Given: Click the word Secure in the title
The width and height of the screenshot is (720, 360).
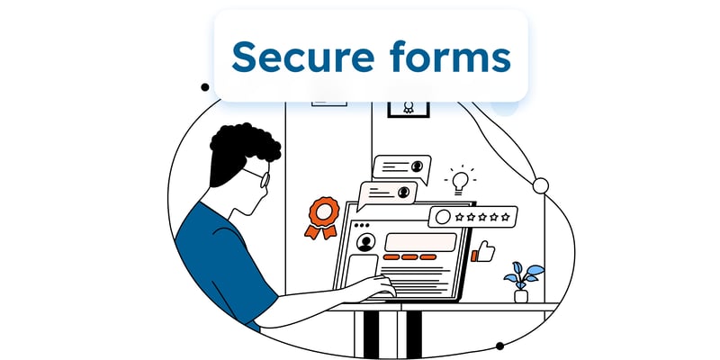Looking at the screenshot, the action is (303, 57).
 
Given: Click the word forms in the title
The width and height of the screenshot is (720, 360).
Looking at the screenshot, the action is (451, 56).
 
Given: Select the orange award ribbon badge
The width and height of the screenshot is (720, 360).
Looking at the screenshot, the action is (323, 217).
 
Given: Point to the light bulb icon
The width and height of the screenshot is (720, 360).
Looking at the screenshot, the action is (460, 181).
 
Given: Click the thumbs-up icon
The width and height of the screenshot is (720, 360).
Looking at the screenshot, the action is (483, 252).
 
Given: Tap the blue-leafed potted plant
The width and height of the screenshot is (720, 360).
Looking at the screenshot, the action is (523, 282).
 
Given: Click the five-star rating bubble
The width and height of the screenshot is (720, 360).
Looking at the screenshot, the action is (472, 217).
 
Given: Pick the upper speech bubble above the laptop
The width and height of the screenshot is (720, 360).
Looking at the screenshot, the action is (401, 167).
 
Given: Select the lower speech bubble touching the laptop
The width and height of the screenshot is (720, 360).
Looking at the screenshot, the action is (387, 193).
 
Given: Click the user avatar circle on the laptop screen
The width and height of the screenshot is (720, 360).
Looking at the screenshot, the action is (365, 242).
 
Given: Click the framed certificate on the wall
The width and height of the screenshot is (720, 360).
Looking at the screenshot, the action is (409, 109).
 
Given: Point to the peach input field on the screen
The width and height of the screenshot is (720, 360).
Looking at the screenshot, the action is (420, 242).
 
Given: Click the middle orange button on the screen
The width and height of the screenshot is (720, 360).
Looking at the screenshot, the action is (409, 257).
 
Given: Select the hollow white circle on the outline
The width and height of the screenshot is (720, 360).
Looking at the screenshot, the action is (541, 185).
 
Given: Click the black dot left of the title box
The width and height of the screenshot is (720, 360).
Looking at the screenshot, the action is (205, 87).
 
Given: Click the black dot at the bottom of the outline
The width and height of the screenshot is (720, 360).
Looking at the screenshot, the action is (499, 346).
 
